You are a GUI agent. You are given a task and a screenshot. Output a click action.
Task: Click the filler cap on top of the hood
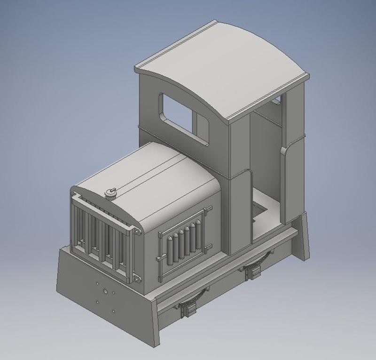(111, 192)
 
